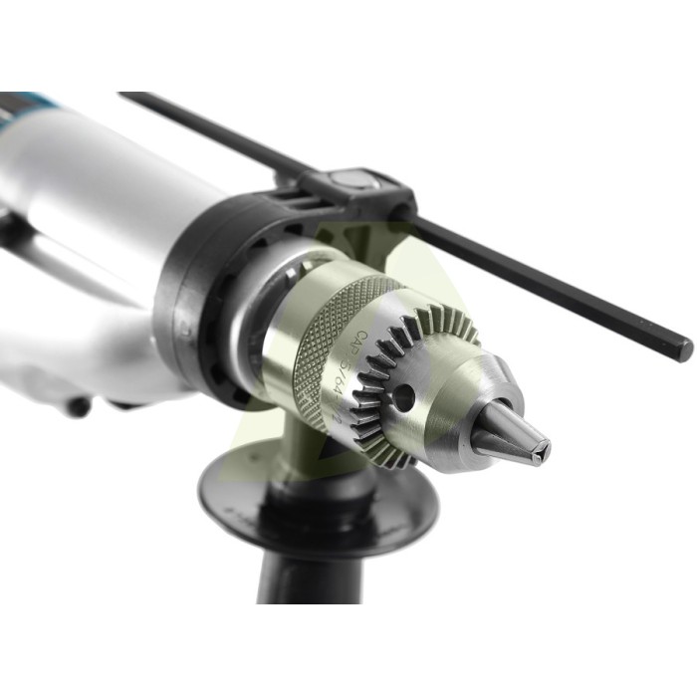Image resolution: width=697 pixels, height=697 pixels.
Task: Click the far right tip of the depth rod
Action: pos(684,349)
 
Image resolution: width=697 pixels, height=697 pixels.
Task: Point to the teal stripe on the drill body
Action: pos(30,100)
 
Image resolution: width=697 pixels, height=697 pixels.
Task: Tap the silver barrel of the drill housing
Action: pos(90,189)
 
